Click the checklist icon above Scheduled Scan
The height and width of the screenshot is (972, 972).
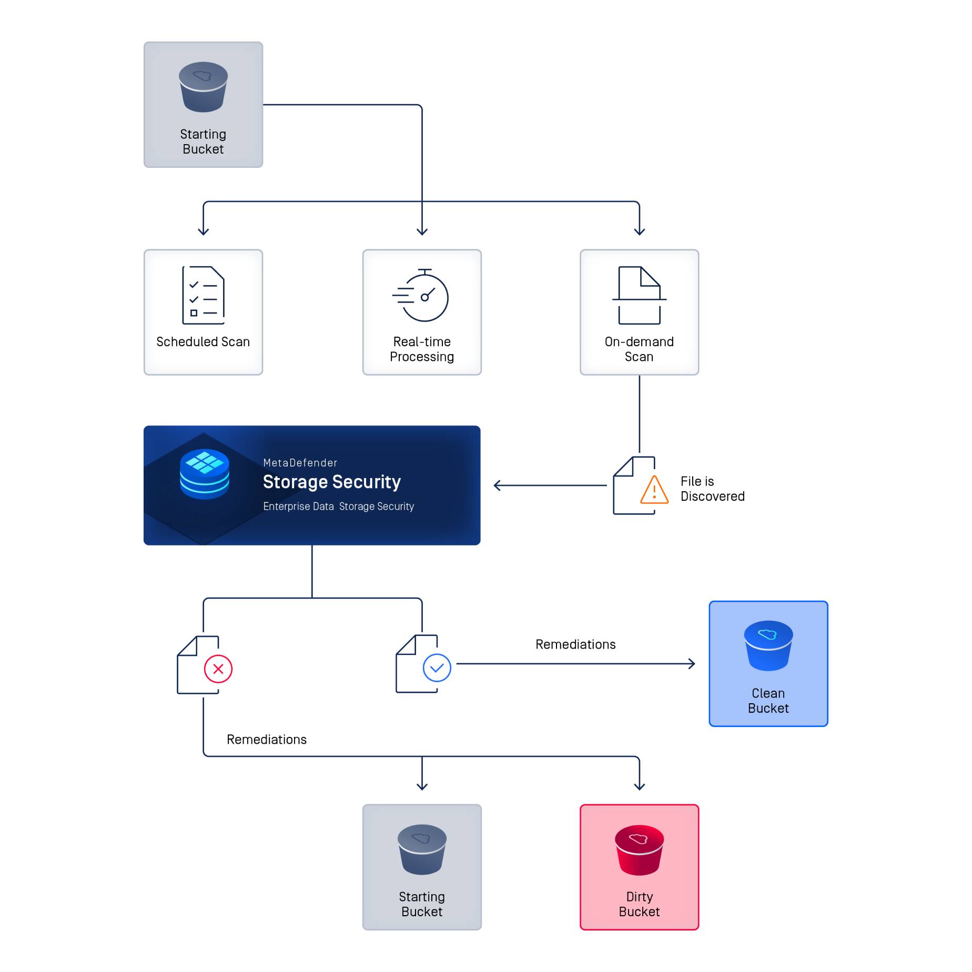203,295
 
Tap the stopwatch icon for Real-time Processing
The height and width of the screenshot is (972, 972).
421,296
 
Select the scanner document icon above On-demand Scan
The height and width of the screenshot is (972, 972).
639,295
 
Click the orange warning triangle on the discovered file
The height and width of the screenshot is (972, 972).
654,490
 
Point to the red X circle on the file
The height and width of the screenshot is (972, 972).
218,669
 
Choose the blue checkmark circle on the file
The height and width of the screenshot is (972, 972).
437,667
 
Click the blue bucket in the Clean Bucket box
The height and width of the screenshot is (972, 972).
768,646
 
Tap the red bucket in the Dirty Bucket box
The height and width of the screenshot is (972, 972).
639,849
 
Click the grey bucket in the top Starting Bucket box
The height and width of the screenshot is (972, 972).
203,87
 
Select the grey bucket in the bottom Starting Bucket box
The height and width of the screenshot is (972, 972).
422,849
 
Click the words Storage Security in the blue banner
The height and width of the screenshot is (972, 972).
331,482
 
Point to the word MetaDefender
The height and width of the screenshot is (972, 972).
300,463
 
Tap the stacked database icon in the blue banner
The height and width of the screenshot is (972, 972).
205,474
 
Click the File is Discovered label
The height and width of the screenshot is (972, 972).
712,489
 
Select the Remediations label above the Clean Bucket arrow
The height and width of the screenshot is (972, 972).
575,644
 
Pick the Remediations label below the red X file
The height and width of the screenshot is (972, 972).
266,739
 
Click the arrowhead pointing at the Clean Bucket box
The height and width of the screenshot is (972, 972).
692,664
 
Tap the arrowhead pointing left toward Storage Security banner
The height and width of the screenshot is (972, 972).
497,485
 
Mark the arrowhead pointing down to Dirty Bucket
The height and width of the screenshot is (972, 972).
639,786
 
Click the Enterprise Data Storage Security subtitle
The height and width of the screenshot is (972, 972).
338,506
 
